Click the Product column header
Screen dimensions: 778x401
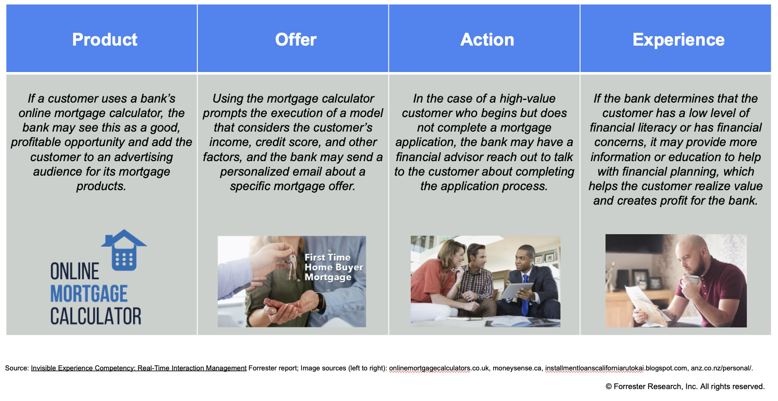(105, 39)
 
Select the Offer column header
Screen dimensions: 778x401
(296, 39)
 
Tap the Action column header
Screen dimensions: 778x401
(487, 39)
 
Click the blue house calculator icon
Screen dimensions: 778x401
(124, 250)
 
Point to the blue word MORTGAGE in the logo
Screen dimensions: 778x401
(89, 294)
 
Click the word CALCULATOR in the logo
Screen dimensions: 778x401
(96, 316)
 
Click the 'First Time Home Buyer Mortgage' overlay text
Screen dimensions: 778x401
(334, 267)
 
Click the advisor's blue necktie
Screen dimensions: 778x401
(525, 295)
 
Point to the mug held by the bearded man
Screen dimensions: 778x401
(691, 279)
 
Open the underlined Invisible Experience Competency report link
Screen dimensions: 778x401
(139, 368)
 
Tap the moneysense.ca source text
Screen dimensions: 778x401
(517, 368)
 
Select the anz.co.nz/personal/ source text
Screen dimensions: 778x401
(721, 368)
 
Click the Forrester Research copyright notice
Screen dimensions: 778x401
(685, 386)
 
